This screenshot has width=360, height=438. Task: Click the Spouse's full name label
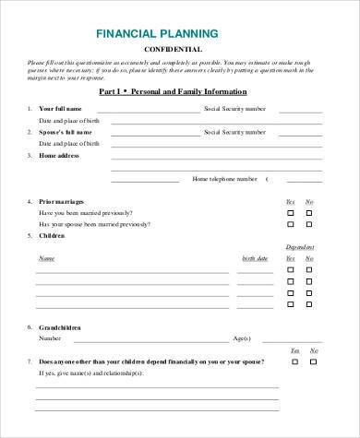point(66,133)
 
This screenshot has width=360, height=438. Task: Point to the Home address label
point(59,156)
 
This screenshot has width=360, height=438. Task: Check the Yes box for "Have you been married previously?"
point(291,212)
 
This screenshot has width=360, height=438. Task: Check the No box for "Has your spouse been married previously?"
point(310,224)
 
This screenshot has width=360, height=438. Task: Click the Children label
point(52,236)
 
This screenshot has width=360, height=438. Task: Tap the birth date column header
point(255,258)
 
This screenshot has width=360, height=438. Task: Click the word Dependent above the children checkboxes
point(299,247)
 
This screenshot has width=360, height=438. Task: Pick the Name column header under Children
point(46,258)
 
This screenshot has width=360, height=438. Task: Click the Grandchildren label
point(60,326)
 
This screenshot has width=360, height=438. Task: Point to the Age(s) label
point(242,337)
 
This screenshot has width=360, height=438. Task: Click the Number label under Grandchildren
point(50,337)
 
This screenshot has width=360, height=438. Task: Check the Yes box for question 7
point(295,361)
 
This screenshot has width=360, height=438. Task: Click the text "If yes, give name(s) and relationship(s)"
point(90,373)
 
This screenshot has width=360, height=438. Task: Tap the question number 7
point(30,361)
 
